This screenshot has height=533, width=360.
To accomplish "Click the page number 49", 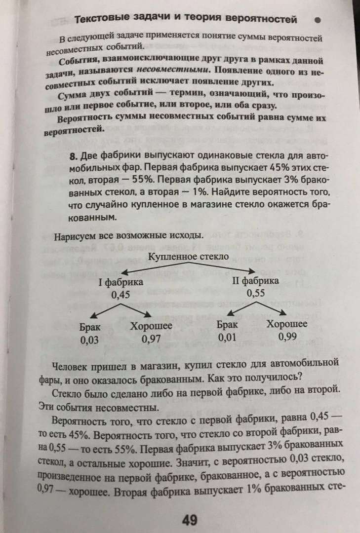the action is pyautogui.click(x=190, y=520).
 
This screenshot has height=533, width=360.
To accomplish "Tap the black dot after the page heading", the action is pyautogui.click(x=318, y=20).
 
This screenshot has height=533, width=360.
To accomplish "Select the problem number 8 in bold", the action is pyautogui.click(x=74, y=156).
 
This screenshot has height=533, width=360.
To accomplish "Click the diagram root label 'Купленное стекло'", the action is pyautogui.click(x=188, y=257).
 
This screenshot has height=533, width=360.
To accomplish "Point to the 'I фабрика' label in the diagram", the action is pyautogui.click(x=121, y=282).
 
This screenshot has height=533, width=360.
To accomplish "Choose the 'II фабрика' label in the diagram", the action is pyautogui.click(x=255, y=281).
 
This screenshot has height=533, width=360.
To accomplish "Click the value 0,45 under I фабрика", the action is pyautogui.click(x=120, y=294).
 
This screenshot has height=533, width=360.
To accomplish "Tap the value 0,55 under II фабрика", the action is pyautogui.click(x=255, y=293).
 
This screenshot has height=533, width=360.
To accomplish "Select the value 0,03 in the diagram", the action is pyautogui.click(x=89, y=340).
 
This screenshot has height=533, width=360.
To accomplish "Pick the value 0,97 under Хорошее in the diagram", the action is pyautogui.click(x=151, y=339).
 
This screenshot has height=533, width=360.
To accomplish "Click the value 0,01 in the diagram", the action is pyautogui.click(x=227, y=337).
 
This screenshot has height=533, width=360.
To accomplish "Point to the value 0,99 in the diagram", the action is pyautogui.click(x=287, y=336).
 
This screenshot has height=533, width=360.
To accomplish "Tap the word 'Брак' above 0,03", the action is pyautogui.click(x=90, y=327).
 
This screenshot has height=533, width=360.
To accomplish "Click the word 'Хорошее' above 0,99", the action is pyautogui.click(x=287, y=324).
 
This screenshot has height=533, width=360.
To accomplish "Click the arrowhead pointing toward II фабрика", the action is pyautogui.click(x=251, y=271).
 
